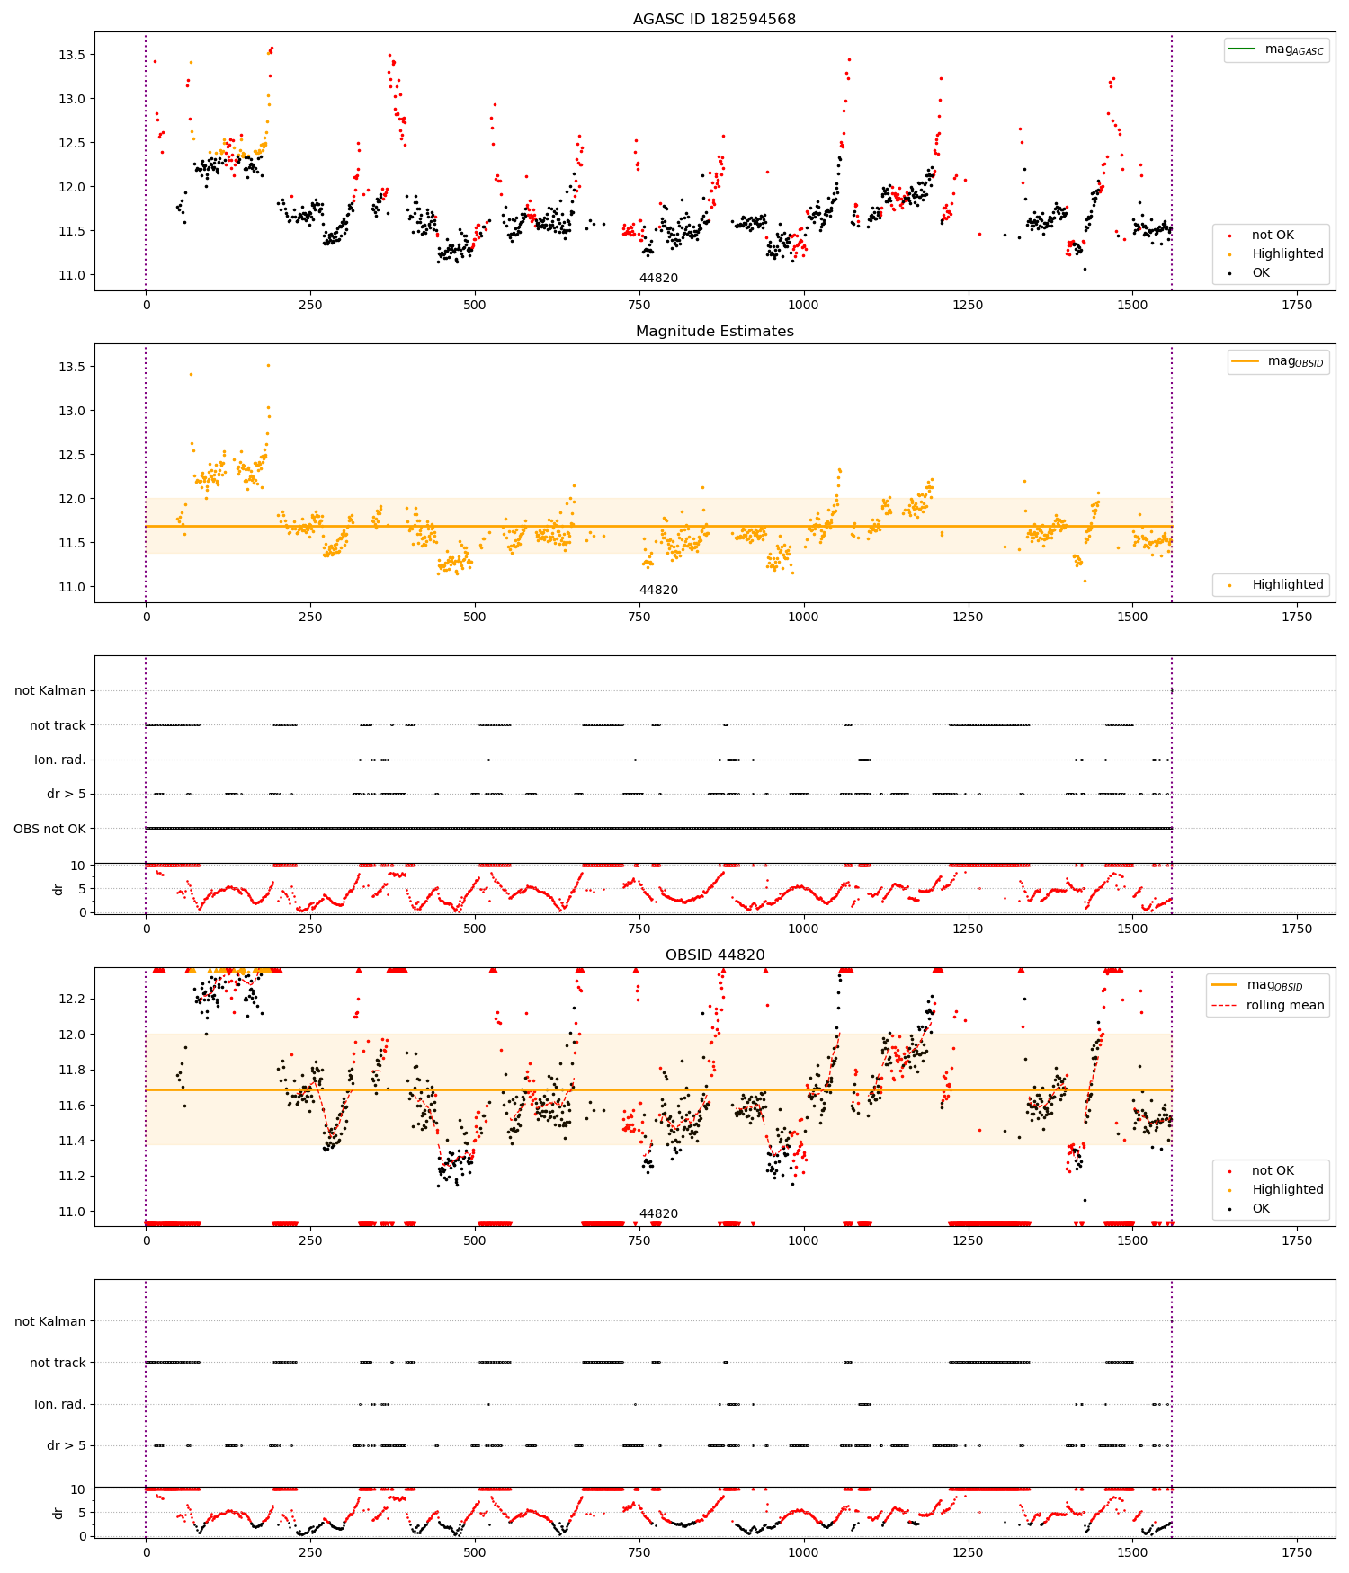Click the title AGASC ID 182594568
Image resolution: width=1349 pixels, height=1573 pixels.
point(714,19)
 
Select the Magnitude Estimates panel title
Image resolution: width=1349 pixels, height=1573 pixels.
point(714,331)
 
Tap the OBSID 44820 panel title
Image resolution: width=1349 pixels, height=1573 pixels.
point(714,955)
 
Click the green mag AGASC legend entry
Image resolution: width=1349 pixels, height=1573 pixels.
point(1276,49)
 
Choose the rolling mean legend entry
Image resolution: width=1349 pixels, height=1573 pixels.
point(1267,1005)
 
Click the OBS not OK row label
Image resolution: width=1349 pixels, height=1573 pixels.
point(49,829)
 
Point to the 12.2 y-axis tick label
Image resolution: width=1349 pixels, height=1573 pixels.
point(71,999)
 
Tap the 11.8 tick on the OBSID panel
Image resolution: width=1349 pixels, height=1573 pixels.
point(71,1070)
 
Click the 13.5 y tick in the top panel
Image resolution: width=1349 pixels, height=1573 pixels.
point(71,55)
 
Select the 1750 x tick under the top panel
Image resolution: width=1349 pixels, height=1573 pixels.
point(1297,305)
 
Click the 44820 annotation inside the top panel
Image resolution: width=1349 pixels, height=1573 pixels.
point(658,278)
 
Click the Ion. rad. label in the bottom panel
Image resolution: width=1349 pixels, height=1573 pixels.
point(59,1404)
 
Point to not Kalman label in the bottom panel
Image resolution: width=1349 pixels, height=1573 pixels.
point(49,1321)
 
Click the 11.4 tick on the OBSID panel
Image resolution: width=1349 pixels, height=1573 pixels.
point(71,1141)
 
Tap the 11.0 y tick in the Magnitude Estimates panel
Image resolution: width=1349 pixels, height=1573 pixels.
point(71,587)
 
